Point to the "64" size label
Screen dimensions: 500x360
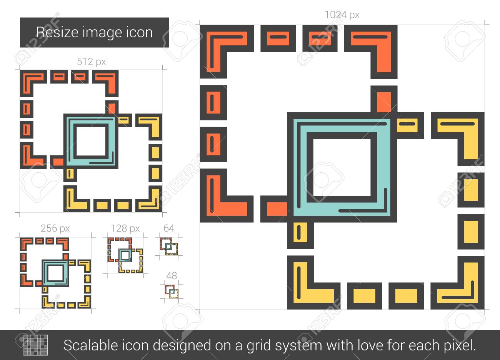[x=169, y=228]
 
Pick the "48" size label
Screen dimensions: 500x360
[x=172, y=276]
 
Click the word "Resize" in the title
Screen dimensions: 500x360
[x=58, y=32]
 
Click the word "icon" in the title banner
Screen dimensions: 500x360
[x=140, y=32]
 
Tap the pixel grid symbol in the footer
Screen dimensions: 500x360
[x=36, y=345]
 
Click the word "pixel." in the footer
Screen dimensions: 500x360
[x=460, y=346]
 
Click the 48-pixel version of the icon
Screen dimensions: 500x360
[x=172, y=292]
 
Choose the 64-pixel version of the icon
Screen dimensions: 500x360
[x=169, y=247]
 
